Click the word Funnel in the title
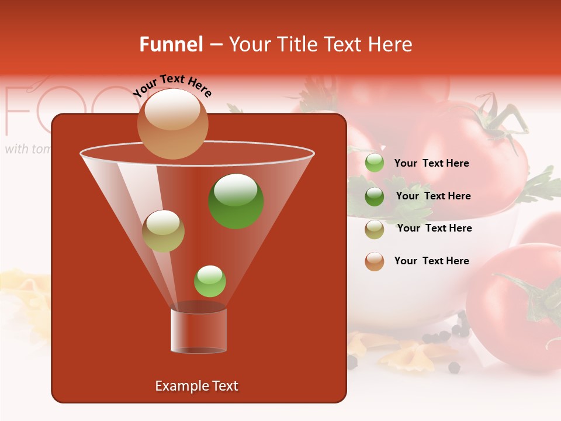(171, 44)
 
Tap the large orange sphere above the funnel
(172, 123)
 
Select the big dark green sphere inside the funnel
(236, 201)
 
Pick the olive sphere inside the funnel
(163, 231)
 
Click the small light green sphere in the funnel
(210, 281)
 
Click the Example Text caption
(196, 386)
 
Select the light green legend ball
(375, 163)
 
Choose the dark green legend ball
(375, 196)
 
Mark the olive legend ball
(375, 229)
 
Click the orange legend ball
(375, 261)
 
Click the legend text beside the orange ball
(431, 261)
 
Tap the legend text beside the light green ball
(431, 163)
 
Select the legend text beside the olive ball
(434, 228)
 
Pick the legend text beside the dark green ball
(433, 196)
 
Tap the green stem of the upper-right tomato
(497, 120)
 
